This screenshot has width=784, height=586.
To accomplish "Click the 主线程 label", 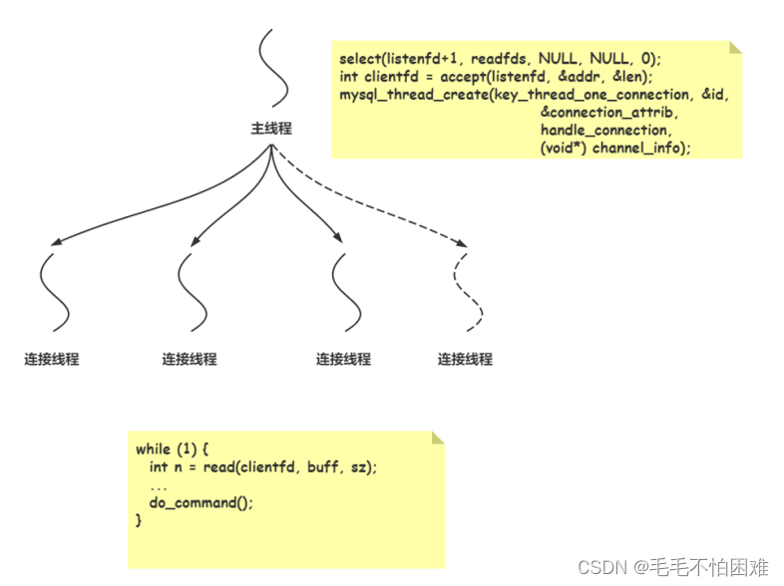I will coord(271,130).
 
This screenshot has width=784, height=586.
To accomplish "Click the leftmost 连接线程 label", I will coord(52,359).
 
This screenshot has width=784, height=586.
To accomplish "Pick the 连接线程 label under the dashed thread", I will coord(465,359).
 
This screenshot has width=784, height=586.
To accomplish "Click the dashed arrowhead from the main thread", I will coord(461,243).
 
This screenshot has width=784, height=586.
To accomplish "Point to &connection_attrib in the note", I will coord(608,113).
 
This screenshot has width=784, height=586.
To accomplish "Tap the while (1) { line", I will coord(172,449).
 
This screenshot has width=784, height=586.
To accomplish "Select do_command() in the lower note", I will coord(201,502).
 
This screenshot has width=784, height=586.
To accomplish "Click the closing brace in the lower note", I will coord(139,519).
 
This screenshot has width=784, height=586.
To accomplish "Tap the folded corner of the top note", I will coord(735,47).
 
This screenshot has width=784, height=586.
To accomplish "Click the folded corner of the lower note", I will coord(437,438).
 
